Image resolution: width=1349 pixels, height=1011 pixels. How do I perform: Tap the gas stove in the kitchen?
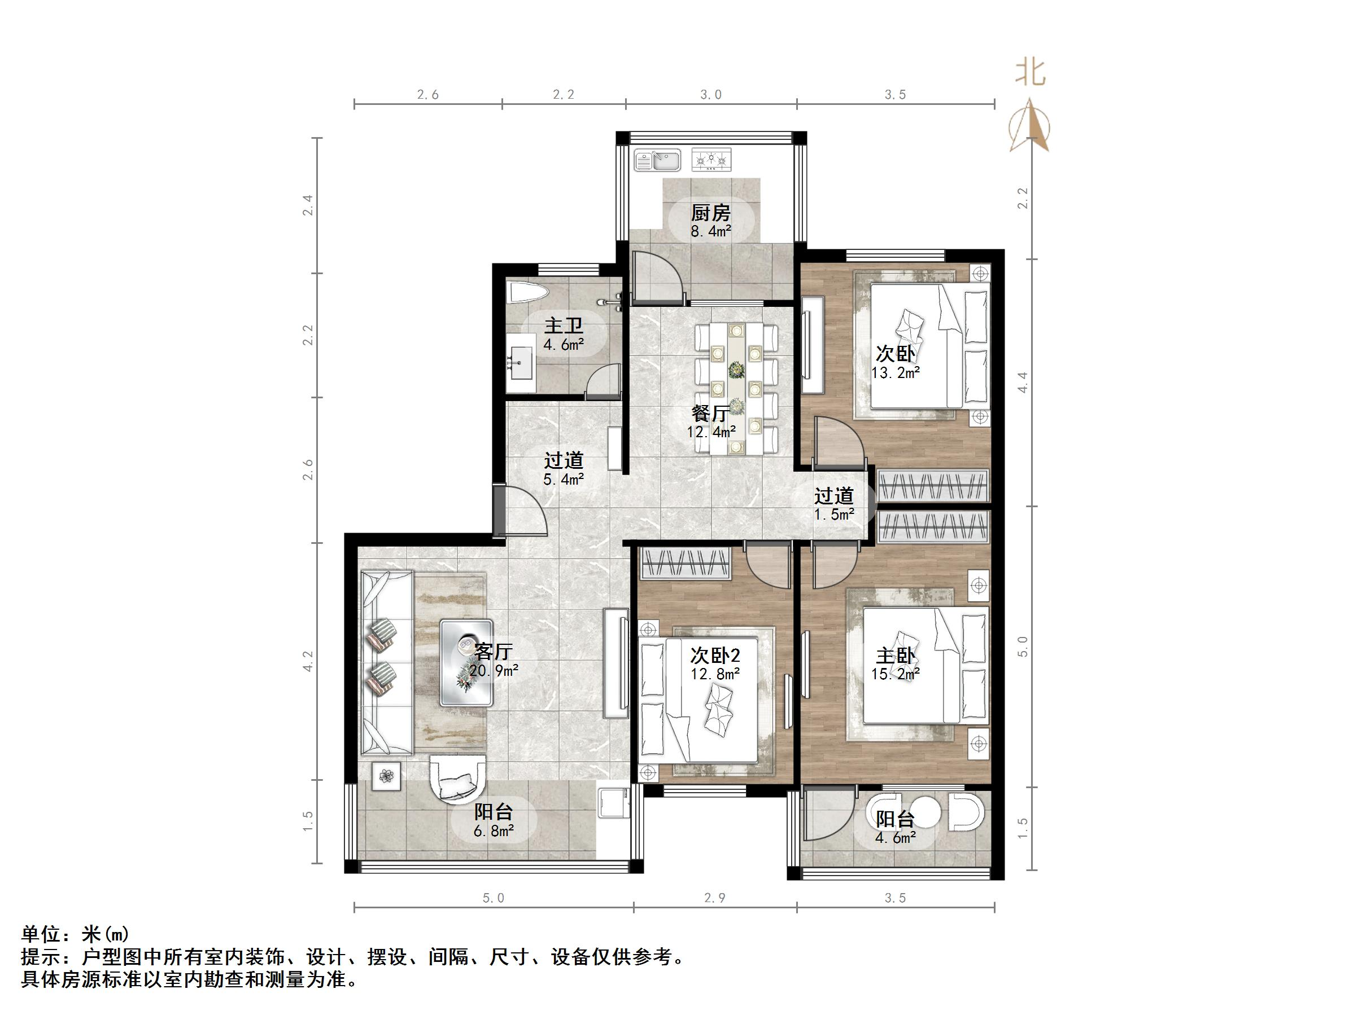click(x=711, y=160)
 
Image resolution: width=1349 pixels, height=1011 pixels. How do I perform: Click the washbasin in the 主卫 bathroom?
click(x=521, y=362)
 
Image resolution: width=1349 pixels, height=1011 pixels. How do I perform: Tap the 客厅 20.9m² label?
click(x=494, y=661)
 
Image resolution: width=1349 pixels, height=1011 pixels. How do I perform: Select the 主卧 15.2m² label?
click(x=894, y=664)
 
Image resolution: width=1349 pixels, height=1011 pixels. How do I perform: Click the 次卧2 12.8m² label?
click(x=715, y=664)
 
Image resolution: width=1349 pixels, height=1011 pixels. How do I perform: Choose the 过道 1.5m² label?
click(x=833, y=504)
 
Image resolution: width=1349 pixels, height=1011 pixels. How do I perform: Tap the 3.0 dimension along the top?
click(x=710, y=94)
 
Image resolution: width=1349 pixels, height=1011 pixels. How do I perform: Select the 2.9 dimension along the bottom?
click(x=714, y=898)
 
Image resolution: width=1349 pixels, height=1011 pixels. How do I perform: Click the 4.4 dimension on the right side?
click(x=1023, y=382)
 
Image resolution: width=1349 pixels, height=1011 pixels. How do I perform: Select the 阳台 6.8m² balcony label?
click(x=494, y=821)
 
